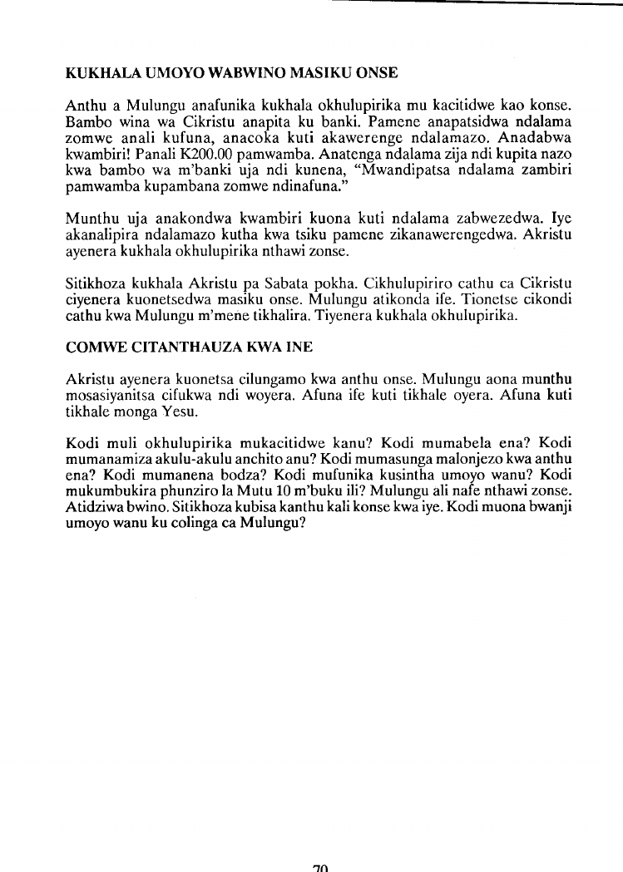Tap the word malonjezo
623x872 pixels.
452,459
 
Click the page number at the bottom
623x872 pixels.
321,866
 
